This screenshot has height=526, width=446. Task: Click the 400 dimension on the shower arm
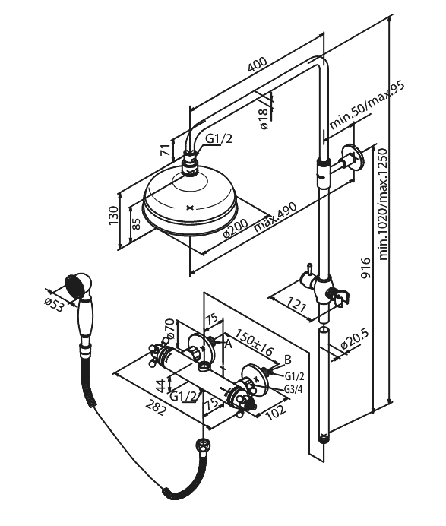coord(258,65)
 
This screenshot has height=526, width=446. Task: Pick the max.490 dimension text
coord(275,217)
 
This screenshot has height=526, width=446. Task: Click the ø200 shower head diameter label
coord(236,229)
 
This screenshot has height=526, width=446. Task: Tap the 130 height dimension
coord(114,216)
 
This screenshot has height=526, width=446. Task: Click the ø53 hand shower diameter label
coord(54,304)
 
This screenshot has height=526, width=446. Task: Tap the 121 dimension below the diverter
coord(296,304)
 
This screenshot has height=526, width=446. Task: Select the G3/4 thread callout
coord(293,389)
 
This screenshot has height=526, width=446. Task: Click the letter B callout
coord(288,360)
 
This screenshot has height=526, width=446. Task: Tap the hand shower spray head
coord(78,287)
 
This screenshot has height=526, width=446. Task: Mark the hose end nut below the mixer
coord(202,446)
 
